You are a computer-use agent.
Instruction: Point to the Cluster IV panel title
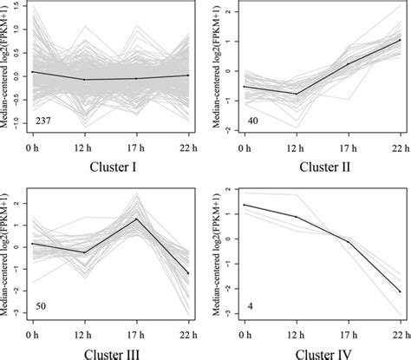click(x=319, y=353)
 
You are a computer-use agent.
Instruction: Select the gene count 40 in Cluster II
click(x=251, y=119)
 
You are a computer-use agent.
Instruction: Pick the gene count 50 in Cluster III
click(x=42, y=305)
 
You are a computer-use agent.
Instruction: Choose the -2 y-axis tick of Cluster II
click(x=227, y=129)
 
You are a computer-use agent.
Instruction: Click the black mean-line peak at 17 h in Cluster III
click(x=136, y=219)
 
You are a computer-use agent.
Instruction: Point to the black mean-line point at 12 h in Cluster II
click(x=297, y=94)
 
